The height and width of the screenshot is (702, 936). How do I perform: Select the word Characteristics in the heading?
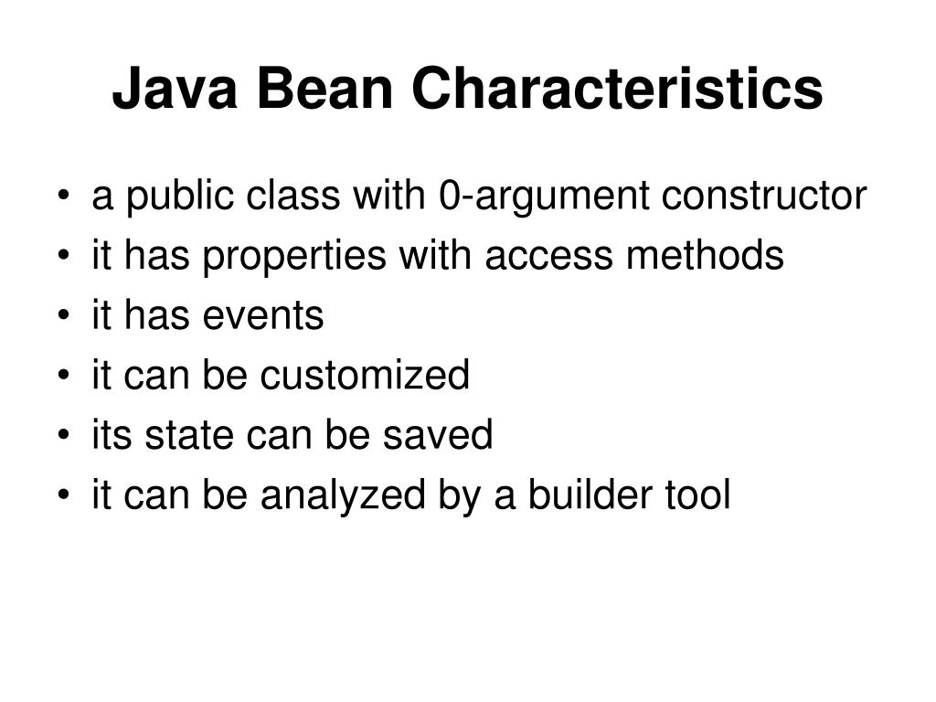[617, 90]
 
